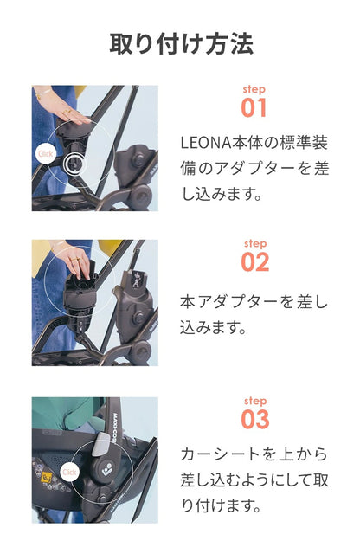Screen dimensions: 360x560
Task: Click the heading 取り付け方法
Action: pyautogui.click(x=182, y=44)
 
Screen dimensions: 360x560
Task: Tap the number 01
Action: pyautogui.click(x=254, y=108)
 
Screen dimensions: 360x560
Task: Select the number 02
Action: pyautogui.click(x=255, y=262)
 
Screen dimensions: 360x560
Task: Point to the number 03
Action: pyautogui.click(x=255, y=419)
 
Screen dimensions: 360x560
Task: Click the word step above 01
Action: pyautogui.click(x=254, y=89)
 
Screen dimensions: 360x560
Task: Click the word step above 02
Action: pyautogui.click(x=255, y=243)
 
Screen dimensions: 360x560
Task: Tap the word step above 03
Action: pyautogui.click(x=255, y=401)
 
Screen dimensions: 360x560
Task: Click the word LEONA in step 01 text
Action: pyautogui.click(x=206, y=143)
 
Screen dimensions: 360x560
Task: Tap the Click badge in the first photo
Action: pyautogui.click(x=46, y=154)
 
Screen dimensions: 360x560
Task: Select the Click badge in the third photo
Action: pyautogui.click(x=69, y=473)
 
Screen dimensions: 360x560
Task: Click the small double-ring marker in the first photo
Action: pyautogui.click(x=74, y=164)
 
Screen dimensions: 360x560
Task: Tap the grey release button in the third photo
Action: pyautogui.click(x=101, y=443)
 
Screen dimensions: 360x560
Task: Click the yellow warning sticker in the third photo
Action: pyautogui.click(x=47, y=477)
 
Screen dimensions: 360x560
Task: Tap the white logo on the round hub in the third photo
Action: pyautogui.click(x=106, y=471)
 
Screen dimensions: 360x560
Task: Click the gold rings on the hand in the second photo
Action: pyautogui.click(x=75, y=260)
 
